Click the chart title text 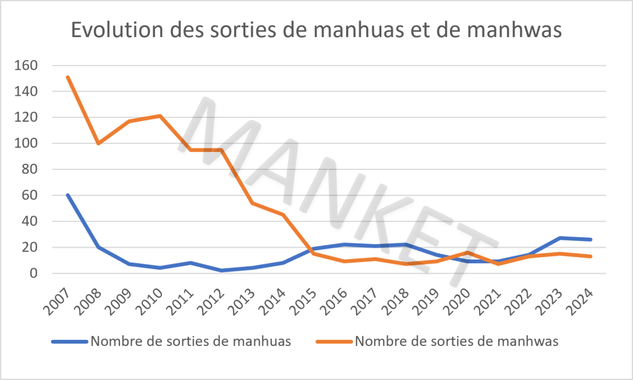point(316,30)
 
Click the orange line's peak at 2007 point(67,77)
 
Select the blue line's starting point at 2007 point(67,195)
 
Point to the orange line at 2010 point(160,116)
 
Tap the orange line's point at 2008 point(98,143)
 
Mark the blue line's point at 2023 point(560,238)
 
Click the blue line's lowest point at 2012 point(221,271)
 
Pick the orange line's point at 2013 point(252,203)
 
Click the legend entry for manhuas point(190,341)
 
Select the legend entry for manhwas point(457,341)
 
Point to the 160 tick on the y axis point(43,65)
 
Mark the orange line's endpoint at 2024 point(591,256)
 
